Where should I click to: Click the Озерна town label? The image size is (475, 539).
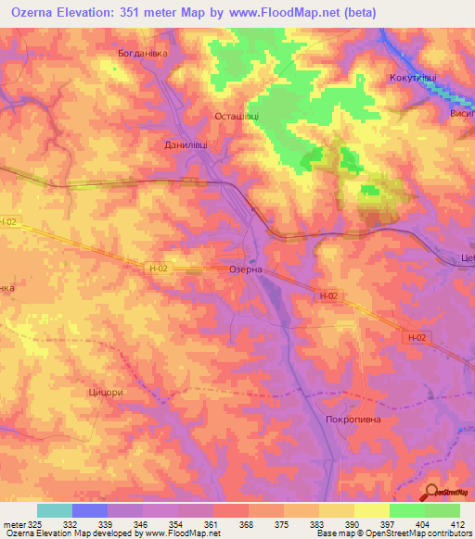(x=246, y=269)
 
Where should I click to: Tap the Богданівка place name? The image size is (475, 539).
(x=142, y=54)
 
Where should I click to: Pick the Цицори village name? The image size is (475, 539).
(x=105, y=392)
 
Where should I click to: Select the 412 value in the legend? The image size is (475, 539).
(x=459, y=524)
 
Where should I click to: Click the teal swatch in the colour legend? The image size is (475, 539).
(x=55, y=510)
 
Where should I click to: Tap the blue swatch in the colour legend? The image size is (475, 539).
(x=90, y=510)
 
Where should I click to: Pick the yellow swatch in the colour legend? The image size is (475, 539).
(x=372, y=510)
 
